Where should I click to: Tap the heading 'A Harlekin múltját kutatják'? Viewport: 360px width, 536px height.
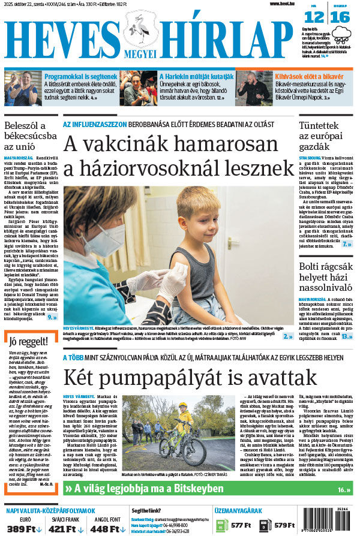[x=197, y=77]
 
